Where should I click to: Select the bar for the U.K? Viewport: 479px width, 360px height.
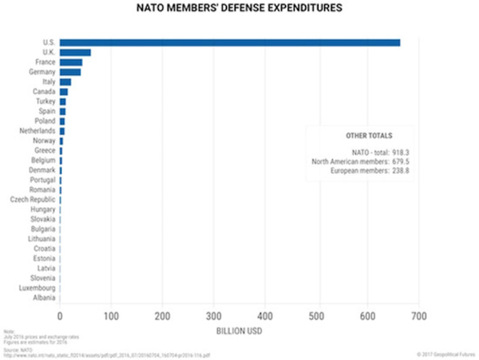point(75,53)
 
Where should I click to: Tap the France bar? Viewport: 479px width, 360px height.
point(71,62)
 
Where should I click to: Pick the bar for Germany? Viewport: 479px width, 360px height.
point(70,72)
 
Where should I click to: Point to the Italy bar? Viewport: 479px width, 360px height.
point(65,81)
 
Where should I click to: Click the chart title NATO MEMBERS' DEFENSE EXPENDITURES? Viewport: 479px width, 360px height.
point(239,9)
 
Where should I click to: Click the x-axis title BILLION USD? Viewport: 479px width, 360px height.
point(239,328)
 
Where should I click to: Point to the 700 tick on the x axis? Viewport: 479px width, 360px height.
point(418,314)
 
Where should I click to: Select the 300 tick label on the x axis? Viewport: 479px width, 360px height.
point(213,314)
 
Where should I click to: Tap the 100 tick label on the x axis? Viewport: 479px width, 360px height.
point(111,314)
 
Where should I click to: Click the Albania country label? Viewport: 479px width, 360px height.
point(44,297)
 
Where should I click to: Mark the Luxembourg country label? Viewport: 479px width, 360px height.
point(37,287)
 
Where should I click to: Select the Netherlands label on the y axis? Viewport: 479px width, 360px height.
point(38,130)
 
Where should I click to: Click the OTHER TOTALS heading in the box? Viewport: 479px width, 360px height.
point(369,136)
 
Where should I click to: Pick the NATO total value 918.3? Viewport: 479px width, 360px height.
point(401,151)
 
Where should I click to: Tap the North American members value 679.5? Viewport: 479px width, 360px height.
point(401,160)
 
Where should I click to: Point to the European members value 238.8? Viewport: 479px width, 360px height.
point(401,170)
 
